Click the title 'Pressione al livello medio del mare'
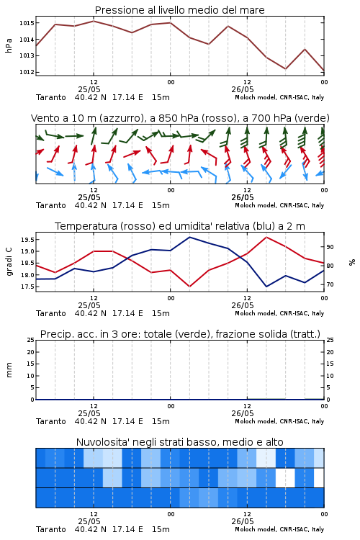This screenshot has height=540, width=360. [x=179, y=10]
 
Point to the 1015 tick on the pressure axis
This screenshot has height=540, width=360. [x=26, y=23]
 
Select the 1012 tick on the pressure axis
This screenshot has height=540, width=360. [x=26, y=72]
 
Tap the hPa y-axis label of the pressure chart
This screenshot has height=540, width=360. [x=9, y=45]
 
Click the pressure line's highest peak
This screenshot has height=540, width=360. [x=94, y=21]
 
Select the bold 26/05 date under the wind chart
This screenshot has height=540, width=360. [x=242, y=197]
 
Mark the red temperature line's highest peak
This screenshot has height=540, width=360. [x=266, y=237]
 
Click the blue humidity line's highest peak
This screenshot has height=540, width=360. [x=189, y=237]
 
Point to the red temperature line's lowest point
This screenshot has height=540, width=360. [x=189, y=287]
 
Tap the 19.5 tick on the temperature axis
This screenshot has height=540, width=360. [x=27, y=240]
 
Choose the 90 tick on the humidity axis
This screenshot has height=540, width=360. [x=330, y=247]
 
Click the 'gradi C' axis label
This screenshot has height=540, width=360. [x=9, y=262]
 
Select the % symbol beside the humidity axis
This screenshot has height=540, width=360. [x=352, y=262]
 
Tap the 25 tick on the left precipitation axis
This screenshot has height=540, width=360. [x=31, y=340]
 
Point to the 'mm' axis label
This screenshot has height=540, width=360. [x=9, y=370]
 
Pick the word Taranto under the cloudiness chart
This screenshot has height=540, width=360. [x=51, y=529]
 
